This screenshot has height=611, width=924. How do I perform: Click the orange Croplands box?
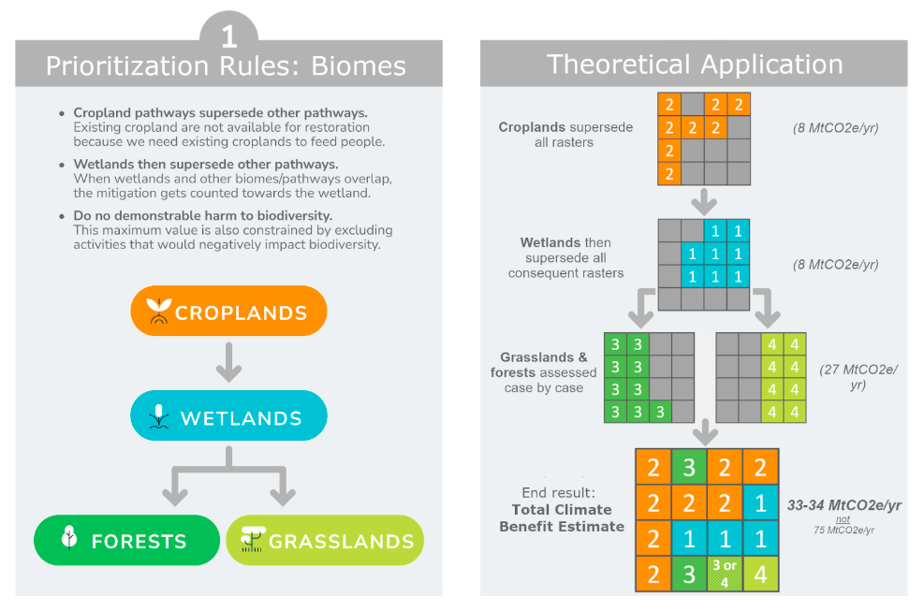228,311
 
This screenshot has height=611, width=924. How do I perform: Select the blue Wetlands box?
228,415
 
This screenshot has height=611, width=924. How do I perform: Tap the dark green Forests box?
126,540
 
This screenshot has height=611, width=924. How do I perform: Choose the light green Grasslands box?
324,540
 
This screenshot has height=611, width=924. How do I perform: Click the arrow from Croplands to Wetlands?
228,362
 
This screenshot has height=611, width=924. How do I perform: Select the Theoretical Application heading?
695,64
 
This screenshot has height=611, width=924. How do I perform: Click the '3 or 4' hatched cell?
725,573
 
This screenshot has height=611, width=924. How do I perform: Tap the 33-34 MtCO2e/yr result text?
843,505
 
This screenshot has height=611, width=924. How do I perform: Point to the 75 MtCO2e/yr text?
844,530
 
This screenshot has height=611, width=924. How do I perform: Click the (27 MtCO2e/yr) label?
858,376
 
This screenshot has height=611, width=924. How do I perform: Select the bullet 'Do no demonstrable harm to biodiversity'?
202,216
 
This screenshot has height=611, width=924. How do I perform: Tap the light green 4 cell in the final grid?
760,573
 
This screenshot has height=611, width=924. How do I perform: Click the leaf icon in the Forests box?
67,539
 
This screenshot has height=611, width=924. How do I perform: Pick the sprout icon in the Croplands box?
159,312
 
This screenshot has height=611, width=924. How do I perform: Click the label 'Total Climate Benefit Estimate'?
562,517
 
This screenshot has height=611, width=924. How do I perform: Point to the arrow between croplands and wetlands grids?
704,202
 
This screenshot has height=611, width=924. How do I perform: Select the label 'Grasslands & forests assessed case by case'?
544,371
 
